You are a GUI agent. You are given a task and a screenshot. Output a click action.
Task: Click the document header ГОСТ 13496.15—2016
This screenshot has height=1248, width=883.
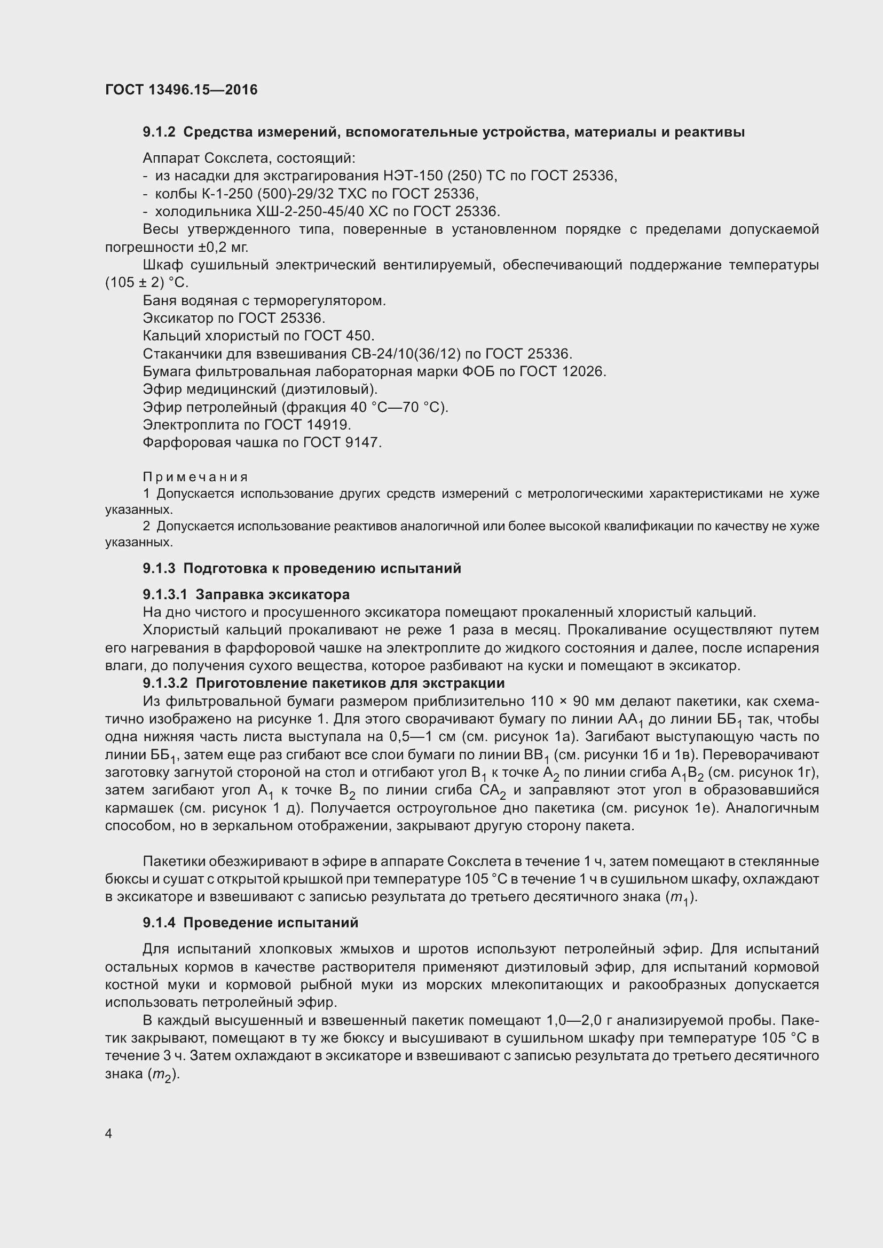pos(181,90)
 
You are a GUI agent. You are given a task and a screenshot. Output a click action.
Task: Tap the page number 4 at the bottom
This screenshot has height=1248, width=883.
pos(109,1133)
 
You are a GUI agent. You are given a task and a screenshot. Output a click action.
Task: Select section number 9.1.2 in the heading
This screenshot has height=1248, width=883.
pos(159,132)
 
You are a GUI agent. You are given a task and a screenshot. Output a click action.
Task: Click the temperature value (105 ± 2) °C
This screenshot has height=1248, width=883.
pos(147,283)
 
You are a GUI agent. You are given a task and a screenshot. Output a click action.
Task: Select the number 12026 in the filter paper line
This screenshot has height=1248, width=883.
pos(585,372)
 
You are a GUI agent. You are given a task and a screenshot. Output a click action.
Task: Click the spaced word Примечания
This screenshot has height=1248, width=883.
pos(195,477)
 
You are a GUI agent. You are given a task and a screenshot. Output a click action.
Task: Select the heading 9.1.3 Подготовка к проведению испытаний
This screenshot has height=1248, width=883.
pos(302,569)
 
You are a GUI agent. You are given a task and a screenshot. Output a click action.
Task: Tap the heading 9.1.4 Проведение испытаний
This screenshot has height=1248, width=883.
pos(251,923)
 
